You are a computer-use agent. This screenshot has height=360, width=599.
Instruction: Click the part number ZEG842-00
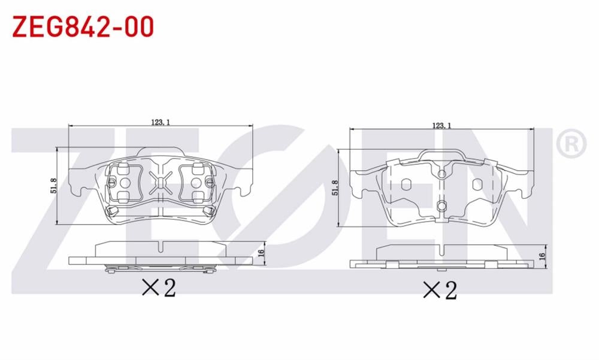click(x=83, y=26)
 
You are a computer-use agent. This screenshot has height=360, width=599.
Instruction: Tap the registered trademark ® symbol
click(x=570, y=143)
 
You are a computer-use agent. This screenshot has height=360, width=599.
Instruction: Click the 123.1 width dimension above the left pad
click(x=161, y=122)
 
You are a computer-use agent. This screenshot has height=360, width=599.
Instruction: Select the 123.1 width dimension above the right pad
click(x=441, y=125)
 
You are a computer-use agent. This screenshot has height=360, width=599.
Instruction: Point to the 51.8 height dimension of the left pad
click(x=54, y=186)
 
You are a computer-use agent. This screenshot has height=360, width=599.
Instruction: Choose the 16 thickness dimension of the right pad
click(x=542, y=256)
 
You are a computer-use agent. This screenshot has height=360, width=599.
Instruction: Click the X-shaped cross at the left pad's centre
click(x=161, y=180)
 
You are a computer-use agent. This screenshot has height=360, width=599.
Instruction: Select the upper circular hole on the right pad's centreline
click(x=441, y=174)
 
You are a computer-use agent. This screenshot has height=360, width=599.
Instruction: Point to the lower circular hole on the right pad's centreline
click(x=441, y=207)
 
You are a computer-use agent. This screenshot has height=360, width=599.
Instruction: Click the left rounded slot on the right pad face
click(x=406, y=184)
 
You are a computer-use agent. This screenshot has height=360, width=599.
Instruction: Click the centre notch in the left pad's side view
click(x=161, y=246)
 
